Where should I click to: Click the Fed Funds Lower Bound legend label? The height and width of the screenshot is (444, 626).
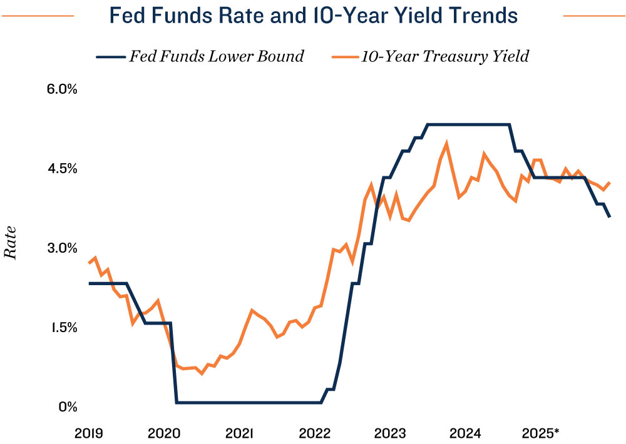point(216,56)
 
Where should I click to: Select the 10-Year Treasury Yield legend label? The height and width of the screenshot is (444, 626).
point(444,56)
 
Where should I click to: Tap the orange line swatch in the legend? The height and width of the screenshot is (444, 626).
point(342,57)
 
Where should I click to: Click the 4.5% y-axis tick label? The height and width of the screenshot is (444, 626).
point(62,168)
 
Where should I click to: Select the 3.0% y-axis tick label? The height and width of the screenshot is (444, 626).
point(62,248)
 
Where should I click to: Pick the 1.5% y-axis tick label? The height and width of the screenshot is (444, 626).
point(62,327)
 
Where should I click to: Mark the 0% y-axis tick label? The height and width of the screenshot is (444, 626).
point(68,406)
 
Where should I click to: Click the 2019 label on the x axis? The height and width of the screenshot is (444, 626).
point(89,433)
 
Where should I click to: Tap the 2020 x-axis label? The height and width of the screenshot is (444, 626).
point(164,433)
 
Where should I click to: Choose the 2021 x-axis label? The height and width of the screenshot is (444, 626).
point(239,433)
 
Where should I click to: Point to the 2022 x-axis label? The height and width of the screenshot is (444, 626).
point(314,433)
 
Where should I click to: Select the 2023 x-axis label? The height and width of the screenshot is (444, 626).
point(389,433)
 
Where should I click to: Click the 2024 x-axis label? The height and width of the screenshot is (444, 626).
point(464,433)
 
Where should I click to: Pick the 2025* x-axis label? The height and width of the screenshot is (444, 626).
point(542,433)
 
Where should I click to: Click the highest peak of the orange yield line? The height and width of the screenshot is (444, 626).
point(446,143)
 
